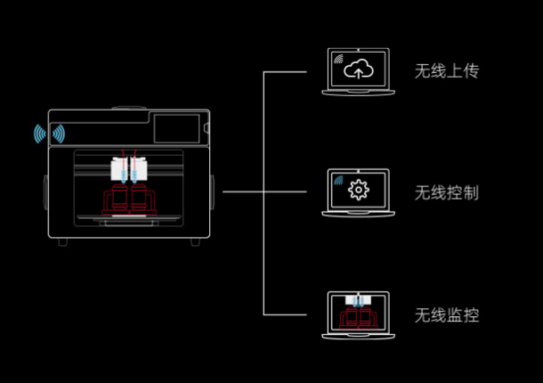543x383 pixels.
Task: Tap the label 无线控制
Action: point(447,191)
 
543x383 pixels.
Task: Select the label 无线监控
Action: point(447,315)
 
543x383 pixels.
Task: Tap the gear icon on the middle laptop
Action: point(359,189)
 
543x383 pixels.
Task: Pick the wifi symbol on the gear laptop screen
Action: point(339,181)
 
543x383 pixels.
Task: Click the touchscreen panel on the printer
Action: point(178,127)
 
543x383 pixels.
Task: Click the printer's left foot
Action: point(61,241)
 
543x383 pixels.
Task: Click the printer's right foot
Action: point(195,241)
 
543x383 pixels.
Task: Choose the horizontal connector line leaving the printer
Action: point(242,191)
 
